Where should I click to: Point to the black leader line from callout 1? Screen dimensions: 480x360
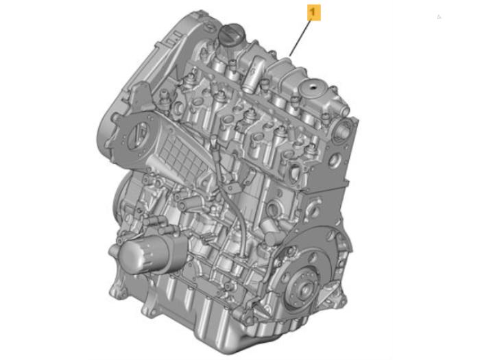pos(300,38)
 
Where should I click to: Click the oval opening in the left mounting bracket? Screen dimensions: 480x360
pos(137,134)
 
